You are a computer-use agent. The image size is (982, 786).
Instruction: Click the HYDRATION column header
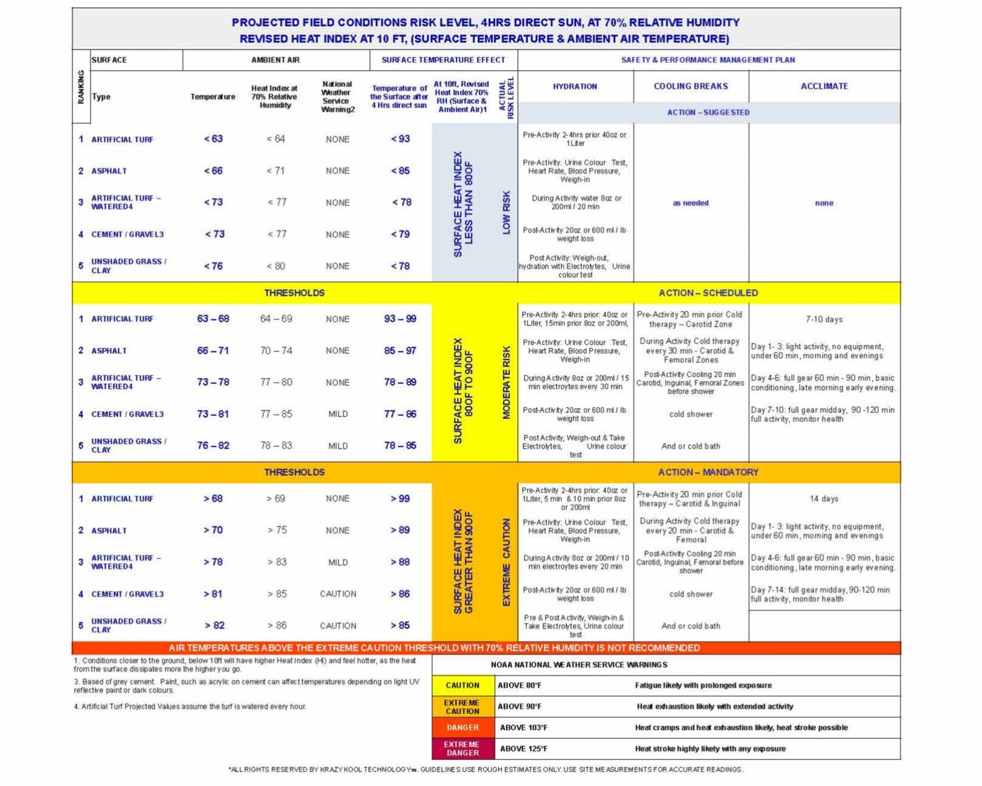pyautogui.click(x=575, y=86)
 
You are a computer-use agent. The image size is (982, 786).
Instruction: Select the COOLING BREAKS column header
pyautogui.click(x=691, y=86)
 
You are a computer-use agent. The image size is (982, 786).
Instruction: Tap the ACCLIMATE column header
pyautogui.click(x=824, y=86)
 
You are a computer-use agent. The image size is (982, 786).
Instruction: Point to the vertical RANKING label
pyautogui.click(x=81, y=86)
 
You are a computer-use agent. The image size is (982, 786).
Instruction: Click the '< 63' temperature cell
pyautogui.click(x=213, y=139)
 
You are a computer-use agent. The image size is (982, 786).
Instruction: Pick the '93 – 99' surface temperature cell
pyautogui.click(x=400, y=319)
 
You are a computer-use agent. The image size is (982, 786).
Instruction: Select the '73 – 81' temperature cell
pyautogui.click(x=213, y=414)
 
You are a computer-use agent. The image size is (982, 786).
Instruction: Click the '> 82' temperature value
pyautogui.click(x=214, y=625)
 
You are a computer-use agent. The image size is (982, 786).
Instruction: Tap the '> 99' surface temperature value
pyautogui.click(x=399, y=499)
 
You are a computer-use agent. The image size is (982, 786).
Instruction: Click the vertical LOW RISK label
pyautogui.click(x=506, y=212)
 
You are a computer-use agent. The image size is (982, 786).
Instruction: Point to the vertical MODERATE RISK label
pyautogui.click(x=506, y=383)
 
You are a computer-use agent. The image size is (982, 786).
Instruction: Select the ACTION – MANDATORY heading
pyautogui.click(x=708, y=472)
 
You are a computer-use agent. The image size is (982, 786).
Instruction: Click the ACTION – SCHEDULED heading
pyautogui.click(x=708, y=293)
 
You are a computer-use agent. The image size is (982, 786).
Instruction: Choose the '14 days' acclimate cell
pyautogui.click(x=824, y=499)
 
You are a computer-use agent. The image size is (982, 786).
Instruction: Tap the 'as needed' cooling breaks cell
pyautogui.click(x=691, y=203)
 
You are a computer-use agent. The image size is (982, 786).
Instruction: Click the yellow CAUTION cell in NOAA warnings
pyautogui.click(x=462, y=686)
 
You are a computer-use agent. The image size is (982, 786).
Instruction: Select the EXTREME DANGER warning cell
pyautogui.click(x=462, y=749)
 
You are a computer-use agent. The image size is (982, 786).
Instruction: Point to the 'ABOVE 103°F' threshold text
pyautogui.click(x=523, y=727)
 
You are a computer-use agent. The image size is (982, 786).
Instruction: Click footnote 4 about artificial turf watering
pyautogui.click(x=190, y=706)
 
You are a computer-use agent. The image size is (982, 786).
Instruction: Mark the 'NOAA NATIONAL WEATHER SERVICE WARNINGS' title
pyautogui.click(x=579, y=664)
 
